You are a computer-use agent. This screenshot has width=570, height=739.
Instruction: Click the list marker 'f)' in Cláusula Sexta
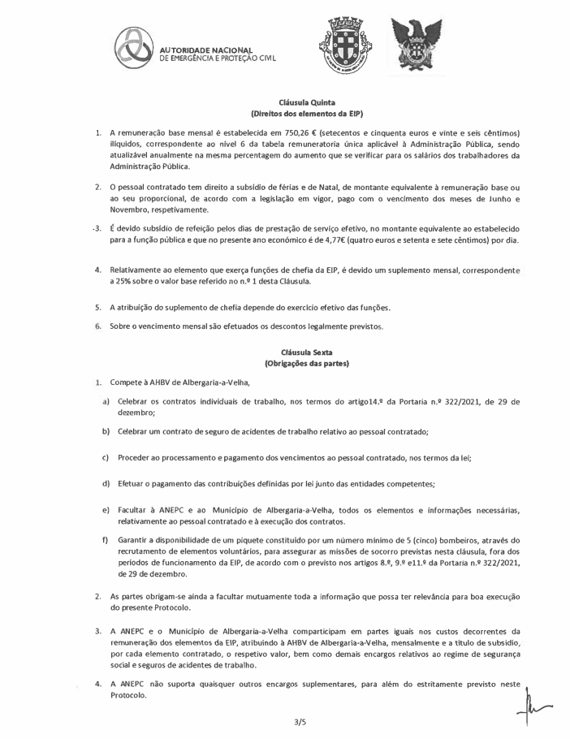[x=105, y=538]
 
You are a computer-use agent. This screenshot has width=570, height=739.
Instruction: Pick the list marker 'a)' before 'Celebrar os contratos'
[x=106, y=401]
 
